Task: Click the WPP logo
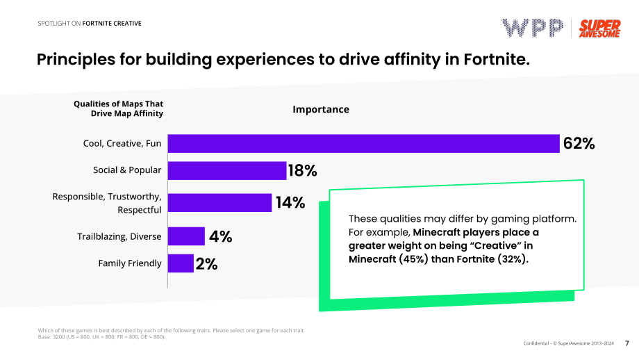coord(532,28)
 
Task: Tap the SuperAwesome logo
coord(599,28)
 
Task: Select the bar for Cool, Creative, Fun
coord(363,143)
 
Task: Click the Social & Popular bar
coord(227,170)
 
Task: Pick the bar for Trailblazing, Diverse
coord(186,236)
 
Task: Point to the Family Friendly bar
coord(181,263)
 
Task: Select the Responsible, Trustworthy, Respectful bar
coord(219,203)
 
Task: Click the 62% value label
coord(579,143)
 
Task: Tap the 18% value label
coord(302,170)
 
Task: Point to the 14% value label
coord(290,203)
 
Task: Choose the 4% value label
coord(220,236)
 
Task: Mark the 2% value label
coord(206,264)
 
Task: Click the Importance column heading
coord(321,109)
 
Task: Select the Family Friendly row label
coord(130,263)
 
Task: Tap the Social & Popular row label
coord(127,170)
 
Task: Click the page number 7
coord(626,343)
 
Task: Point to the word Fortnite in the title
coord(497,60)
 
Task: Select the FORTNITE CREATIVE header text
coord(112,23)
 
